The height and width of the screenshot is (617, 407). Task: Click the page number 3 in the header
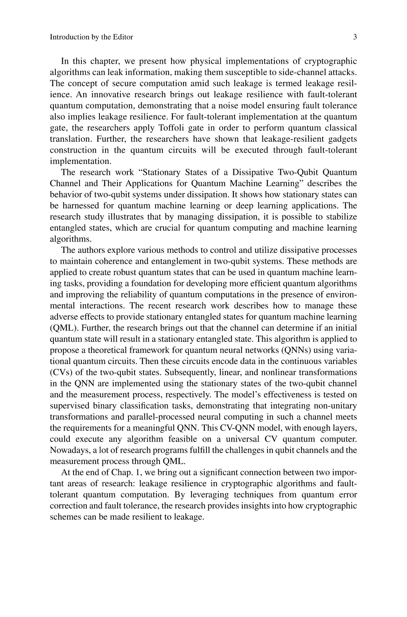(x=355, y=37)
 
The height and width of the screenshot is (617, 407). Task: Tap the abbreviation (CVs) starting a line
(x=61, y=372)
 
